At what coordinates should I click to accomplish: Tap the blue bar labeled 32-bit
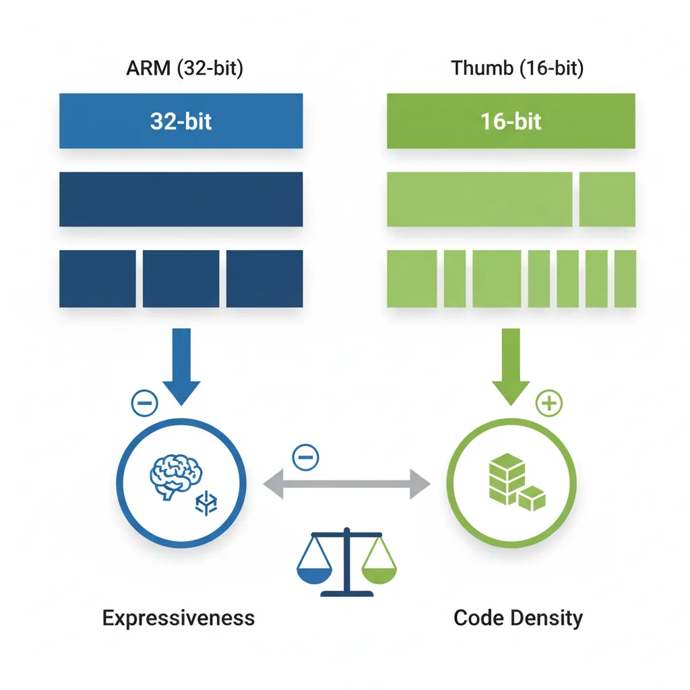181,121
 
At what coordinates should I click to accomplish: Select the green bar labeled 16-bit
511,121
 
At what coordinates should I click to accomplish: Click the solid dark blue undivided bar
181,199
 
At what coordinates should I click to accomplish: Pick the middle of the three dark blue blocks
181,278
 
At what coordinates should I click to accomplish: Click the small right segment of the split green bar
607,199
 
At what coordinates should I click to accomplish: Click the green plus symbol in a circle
548,404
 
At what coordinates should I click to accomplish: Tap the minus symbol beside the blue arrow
144,404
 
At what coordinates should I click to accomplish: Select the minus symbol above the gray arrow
305,458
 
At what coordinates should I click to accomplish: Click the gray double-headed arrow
346,483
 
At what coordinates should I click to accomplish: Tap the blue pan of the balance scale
314,573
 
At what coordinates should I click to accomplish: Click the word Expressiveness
179,618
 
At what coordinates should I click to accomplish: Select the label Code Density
517,618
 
